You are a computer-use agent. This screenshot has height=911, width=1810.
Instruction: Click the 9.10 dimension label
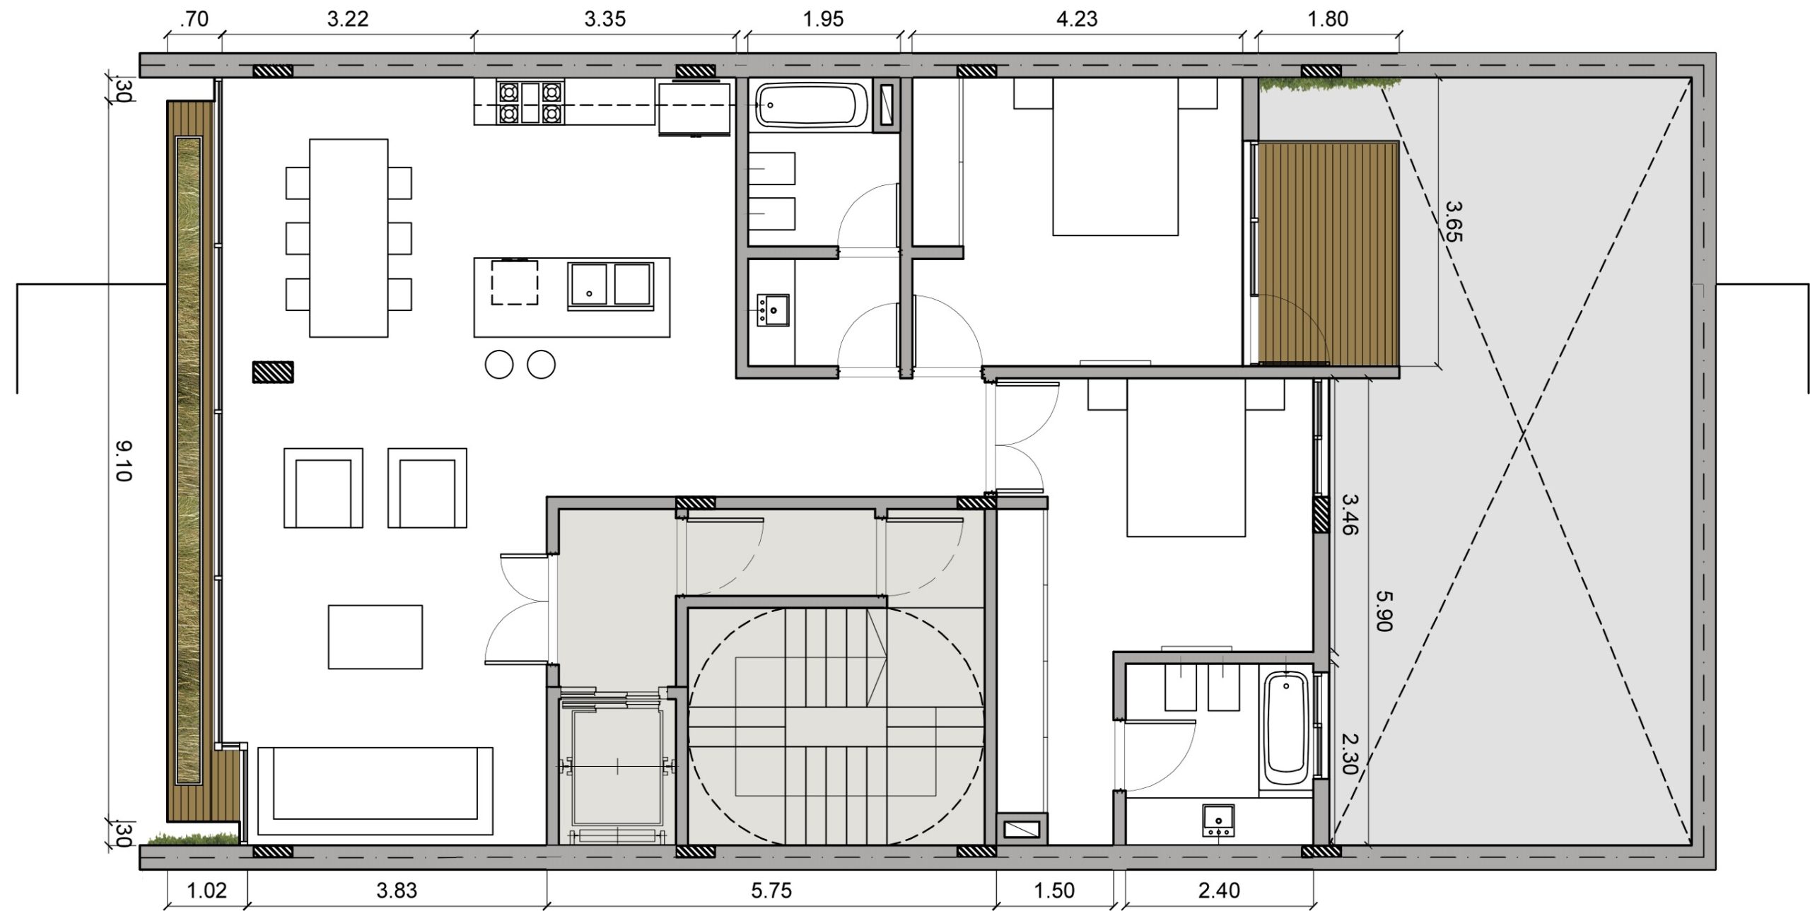123,460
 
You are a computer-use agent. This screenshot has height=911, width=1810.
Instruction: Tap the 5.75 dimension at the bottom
771,891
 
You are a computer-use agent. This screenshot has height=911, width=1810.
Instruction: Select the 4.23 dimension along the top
1077,19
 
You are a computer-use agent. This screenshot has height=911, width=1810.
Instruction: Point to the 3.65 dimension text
1452,221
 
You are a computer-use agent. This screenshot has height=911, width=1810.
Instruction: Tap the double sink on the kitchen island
609,286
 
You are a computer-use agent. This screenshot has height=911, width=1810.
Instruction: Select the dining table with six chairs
349,237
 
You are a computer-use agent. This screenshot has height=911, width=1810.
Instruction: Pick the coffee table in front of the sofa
375,637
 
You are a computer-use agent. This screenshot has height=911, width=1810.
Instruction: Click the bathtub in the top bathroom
812,105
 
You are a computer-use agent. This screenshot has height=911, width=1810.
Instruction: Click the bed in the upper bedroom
1116,157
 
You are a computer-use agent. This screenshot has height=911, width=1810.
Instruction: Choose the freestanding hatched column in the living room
273,372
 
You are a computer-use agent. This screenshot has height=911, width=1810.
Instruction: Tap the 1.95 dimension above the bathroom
824,19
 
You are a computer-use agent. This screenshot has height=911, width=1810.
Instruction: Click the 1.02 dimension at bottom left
206,891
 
